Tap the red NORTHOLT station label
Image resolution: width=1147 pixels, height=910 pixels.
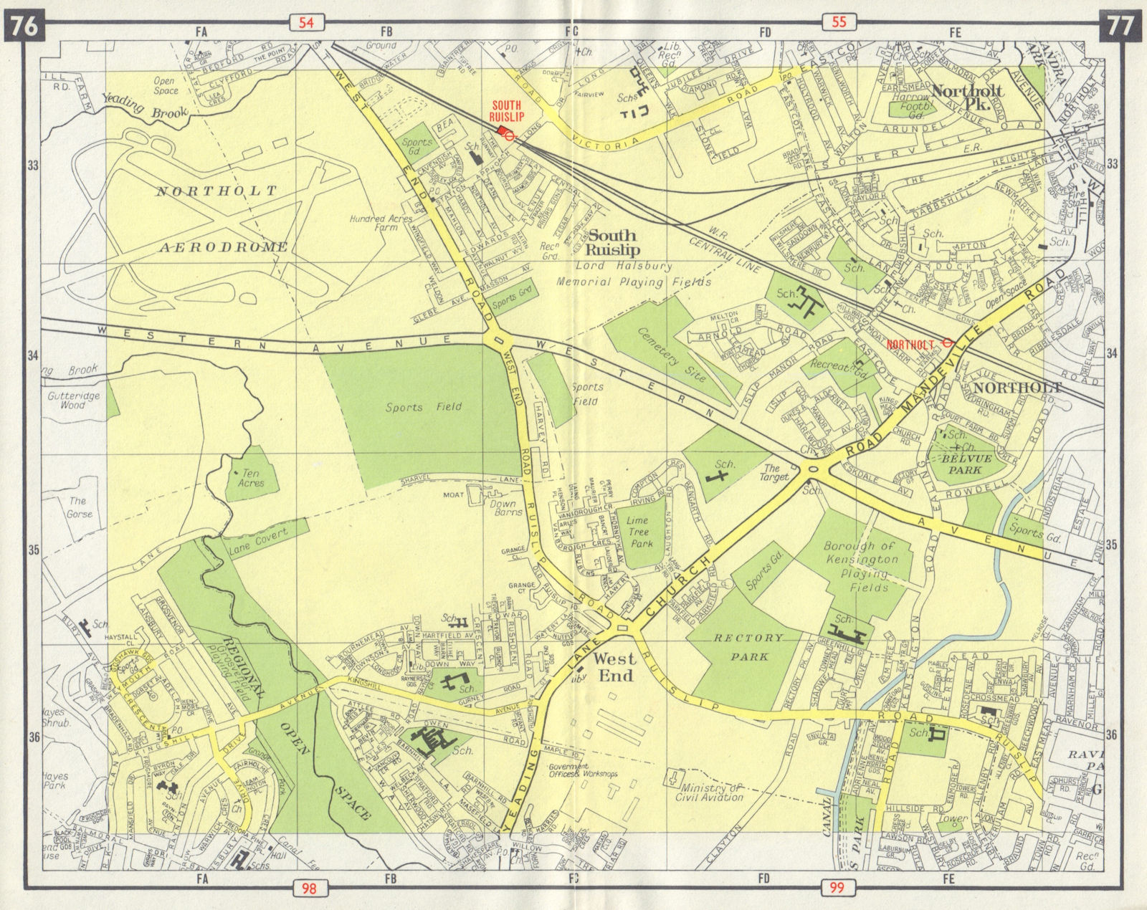910,345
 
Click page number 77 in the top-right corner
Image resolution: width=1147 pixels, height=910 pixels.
1120,26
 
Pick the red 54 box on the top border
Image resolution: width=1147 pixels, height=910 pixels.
306,22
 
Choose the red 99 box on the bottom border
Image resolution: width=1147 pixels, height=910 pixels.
837,889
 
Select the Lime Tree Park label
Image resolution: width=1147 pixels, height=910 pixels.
637,532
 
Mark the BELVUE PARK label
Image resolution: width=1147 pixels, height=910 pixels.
963,464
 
